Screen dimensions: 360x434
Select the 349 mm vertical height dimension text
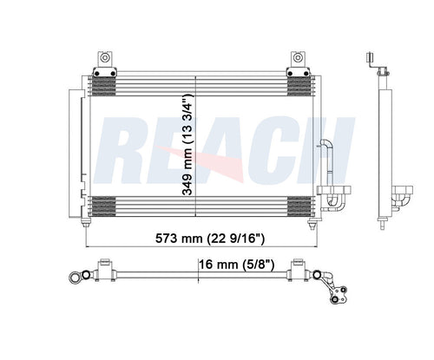(x=188, y=147)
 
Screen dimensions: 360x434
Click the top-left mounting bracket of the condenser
(x=105, y=62)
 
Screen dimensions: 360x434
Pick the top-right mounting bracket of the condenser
(x=298, y=62)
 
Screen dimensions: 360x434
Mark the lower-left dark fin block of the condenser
(x=103, y=208)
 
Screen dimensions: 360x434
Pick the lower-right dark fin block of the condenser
(x=299, y=208)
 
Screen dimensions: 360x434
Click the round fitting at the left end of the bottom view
(x=75, y=278)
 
